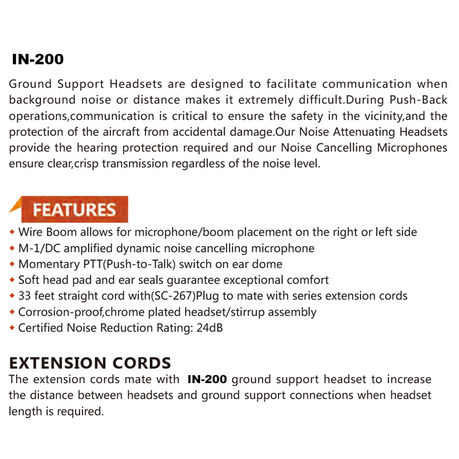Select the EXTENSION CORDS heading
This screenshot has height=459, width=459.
coord(90,363)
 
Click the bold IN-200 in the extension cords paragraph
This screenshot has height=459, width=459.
coord(207,379)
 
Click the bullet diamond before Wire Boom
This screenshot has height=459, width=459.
coord(12,233)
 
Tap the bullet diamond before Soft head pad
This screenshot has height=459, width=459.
coord(12,281)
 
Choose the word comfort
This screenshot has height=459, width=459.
coord(307,280)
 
